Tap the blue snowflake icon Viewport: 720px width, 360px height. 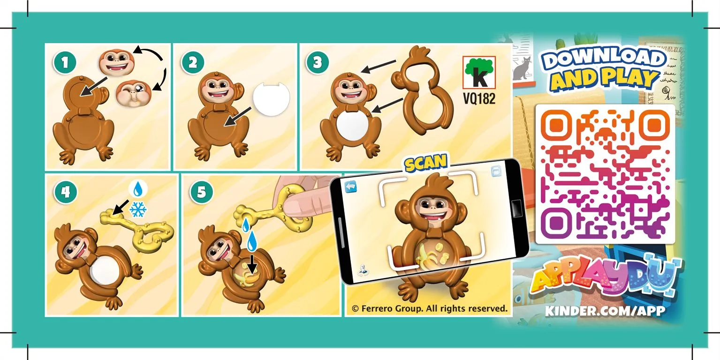tap(138, 209)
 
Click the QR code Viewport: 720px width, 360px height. tap(605, 173)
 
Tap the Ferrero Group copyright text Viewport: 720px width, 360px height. tap(429, 308)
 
